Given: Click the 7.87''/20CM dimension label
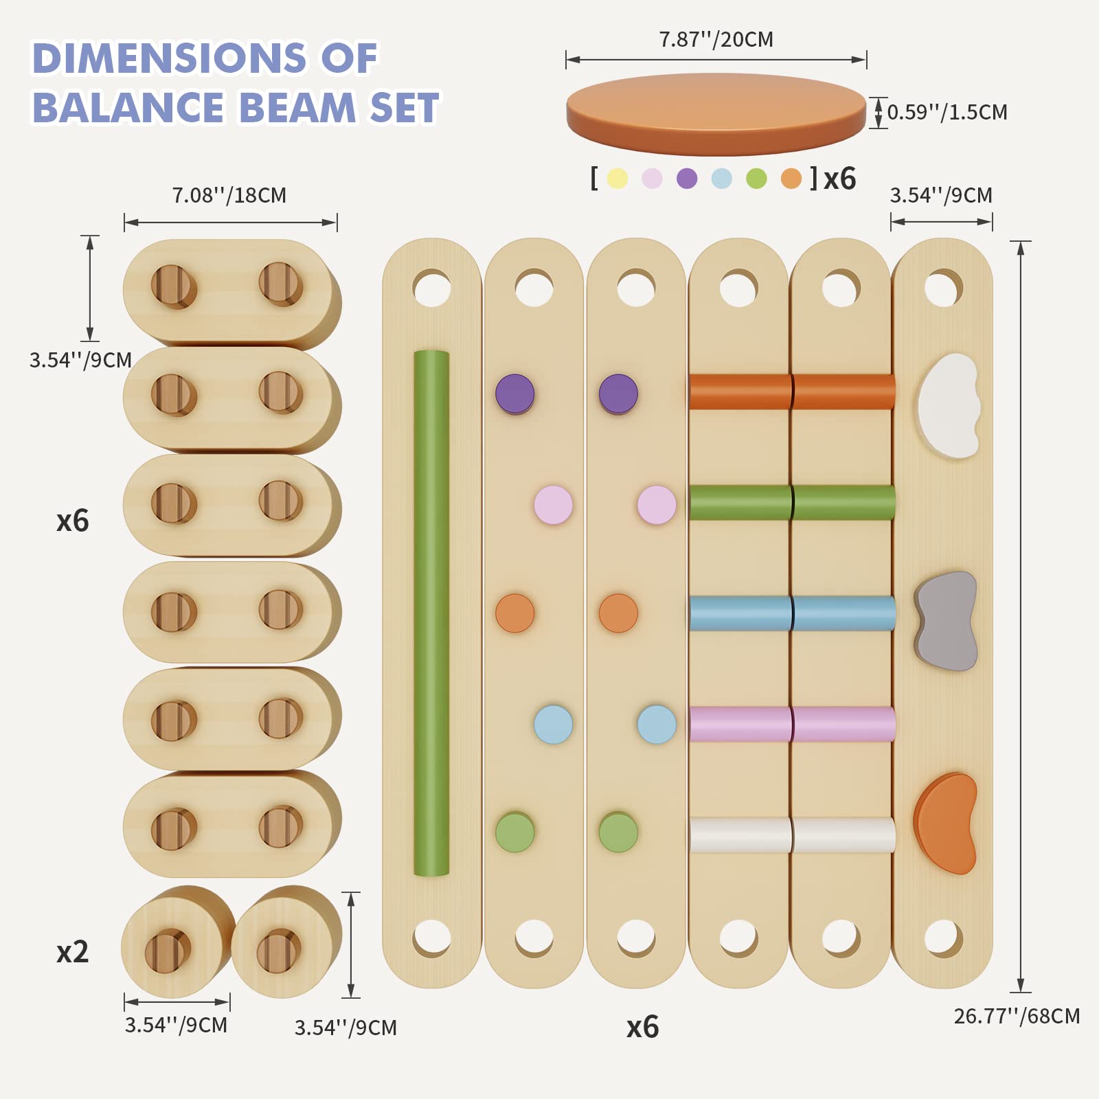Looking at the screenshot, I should click(716, 40).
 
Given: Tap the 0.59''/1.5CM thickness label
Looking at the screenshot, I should click(947, 112).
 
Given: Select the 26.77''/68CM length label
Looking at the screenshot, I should click(1016, 1016).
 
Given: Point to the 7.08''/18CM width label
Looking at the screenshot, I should click(229, 196).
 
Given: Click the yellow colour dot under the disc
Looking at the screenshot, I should click(618, 179).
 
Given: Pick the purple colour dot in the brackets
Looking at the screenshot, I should click(687, 179).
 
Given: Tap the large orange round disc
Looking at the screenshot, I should click(716, 113).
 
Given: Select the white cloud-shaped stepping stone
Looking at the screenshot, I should click(949, 405).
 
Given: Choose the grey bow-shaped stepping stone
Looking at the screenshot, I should click(946, 621).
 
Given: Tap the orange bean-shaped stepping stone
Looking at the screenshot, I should click(946, 823).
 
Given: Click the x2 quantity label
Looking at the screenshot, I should click(72, 952).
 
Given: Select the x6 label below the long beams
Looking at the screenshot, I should click(642, 1027).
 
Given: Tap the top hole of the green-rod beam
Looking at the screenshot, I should click(431, 287).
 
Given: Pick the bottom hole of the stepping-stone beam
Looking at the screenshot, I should click(943, 938).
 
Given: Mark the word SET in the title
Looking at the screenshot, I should click(404, 108).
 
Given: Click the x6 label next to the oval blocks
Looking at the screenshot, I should click(72, 521).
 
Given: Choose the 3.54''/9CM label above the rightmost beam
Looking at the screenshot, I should click(941, 196).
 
